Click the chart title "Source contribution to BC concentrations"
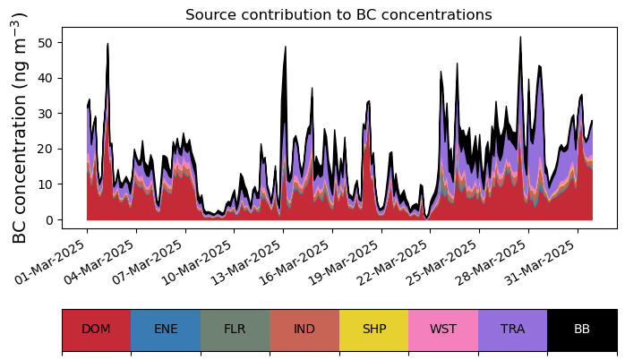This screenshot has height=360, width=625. (338, 14)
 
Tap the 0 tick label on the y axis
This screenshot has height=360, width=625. (49, 219)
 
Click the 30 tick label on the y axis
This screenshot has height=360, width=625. (45, 114)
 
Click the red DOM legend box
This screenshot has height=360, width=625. (97, 330)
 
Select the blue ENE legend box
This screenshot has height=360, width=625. (166, 330)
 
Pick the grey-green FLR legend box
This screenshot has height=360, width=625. (235, 330)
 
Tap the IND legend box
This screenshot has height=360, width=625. (304, 330)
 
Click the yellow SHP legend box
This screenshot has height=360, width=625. (374, 330)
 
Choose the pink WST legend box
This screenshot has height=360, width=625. (443, 330)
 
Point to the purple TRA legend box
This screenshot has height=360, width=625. (512, 330)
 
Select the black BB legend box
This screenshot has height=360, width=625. (582, 330)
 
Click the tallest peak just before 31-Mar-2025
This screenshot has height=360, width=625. (520, 37)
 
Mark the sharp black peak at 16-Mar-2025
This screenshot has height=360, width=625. (286, 47)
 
